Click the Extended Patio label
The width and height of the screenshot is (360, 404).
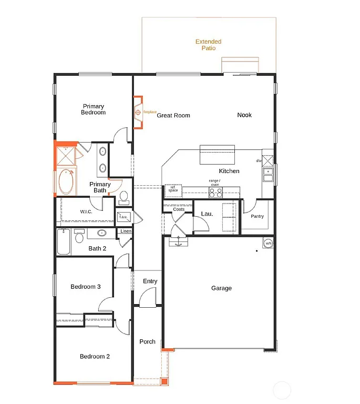point(208,45)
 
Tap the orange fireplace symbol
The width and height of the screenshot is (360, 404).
point(138,112)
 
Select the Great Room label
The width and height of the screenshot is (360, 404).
point(173,115)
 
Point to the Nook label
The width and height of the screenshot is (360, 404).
point(244,115)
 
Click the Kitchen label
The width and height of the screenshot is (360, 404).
point(229,171)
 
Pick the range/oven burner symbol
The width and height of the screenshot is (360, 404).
point(215,193)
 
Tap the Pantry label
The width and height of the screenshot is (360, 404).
point(257,216)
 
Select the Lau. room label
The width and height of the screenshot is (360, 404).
point(207,214)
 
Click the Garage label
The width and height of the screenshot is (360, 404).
point(221,288)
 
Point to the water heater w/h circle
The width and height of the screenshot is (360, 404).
point(268,243)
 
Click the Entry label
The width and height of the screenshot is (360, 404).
point(150,281)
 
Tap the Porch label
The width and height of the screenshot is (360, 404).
point(147,341)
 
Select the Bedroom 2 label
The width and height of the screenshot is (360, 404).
point(95,356)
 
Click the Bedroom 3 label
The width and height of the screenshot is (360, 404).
point(86,287)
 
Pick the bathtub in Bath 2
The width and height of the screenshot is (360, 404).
point(64,241)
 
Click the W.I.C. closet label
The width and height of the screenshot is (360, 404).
point(87,211)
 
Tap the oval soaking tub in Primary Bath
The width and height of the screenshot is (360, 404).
point(66,181)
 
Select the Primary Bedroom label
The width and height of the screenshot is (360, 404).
point(93,109)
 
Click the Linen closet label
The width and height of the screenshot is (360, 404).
point(126,231)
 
